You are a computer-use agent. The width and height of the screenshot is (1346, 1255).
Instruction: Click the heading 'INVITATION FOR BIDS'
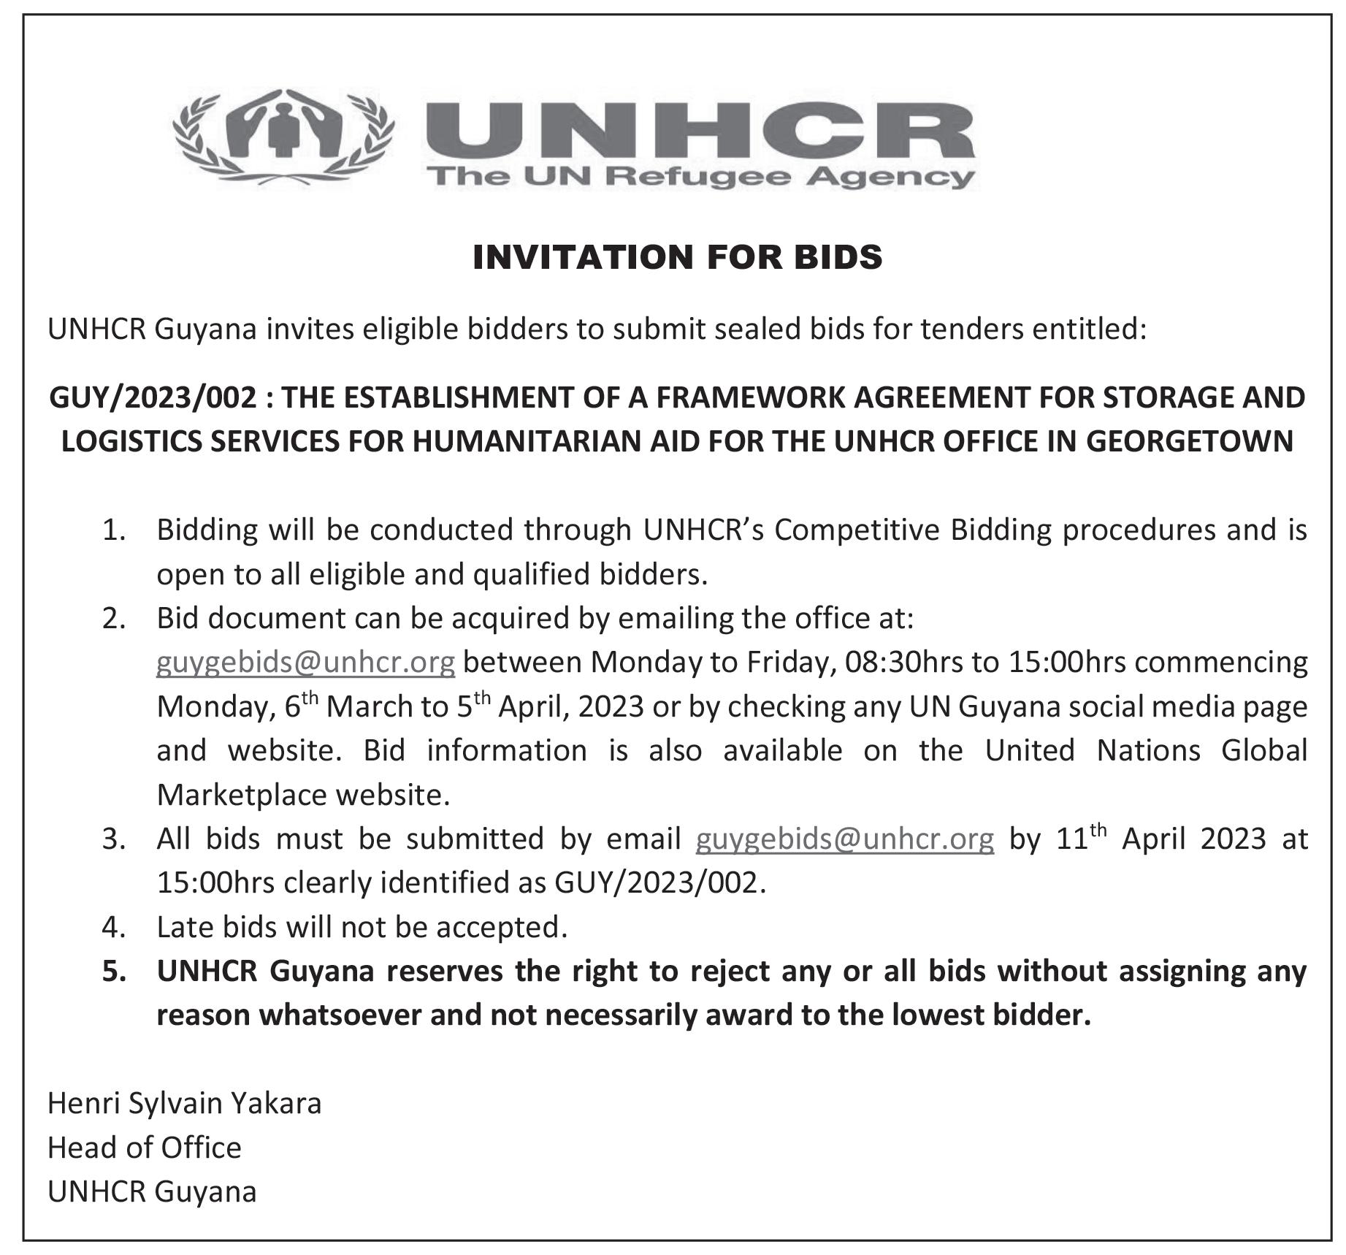[677, 257]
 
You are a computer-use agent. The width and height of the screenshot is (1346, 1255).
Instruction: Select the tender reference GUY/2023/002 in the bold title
[153, 397]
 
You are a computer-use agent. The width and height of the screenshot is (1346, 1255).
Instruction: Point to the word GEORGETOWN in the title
[1190, 441]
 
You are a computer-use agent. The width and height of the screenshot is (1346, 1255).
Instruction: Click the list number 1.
[114, 530]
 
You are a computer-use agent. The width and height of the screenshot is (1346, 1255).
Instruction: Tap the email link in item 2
[305, 662]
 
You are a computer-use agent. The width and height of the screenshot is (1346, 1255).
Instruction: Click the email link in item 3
[844, 839]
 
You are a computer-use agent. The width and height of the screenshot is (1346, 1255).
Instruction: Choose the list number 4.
[114, 927]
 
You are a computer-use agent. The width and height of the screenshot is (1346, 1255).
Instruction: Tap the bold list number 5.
[114, 972]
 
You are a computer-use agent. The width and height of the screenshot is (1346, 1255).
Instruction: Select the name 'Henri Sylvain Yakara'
[184, 1103]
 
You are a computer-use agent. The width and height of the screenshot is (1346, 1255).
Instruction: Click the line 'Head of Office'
[144, 1148]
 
